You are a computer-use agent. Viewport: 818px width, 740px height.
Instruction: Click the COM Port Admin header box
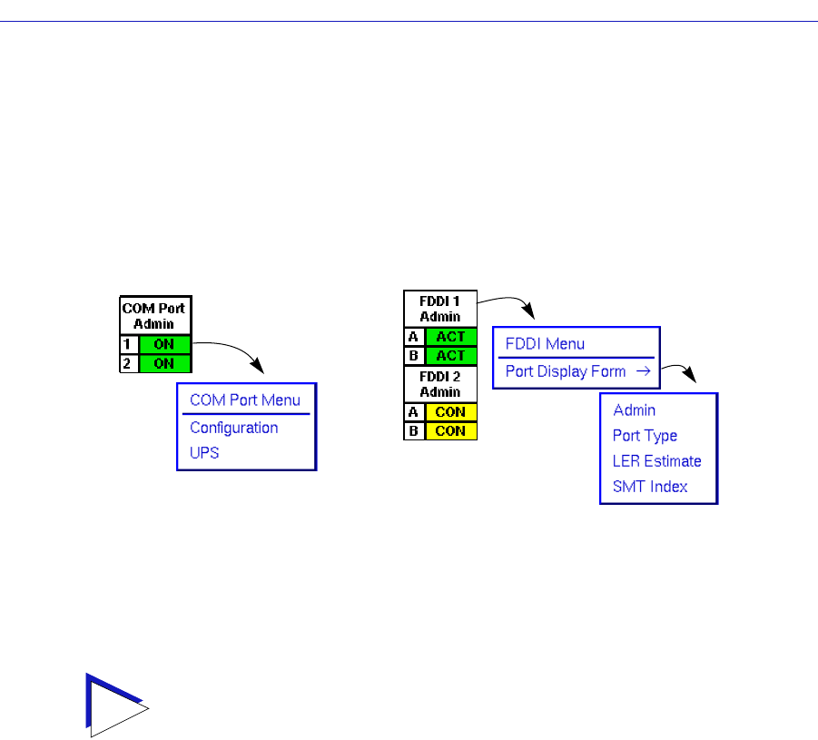(154, 316)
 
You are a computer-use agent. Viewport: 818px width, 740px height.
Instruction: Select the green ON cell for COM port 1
(164, 345)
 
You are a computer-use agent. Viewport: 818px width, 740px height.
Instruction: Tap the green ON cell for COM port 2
(164, 363)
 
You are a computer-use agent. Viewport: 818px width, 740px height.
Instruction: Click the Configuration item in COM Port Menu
(233, 428)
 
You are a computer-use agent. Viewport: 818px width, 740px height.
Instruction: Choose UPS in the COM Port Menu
(204, 452)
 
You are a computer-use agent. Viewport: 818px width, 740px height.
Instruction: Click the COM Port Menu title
(244, 400)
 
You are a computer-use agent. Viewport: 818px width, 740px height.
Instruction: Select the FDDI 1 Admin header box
(439, 309)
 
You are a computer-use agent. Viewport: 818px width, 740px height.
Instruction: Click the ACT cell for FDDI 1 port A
(450, 337)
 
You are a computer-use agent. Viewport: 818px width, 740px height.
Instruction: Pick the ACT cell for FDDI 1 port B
(450, 355)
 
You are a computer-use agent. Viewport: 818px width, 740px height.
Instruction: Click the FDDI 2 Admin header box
(439, 384)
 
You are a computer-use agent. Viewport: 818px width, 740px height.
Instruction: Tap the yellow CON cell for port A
(450, 412)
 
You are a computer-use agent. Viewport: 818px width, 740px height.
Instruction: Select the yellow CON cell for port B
(450, 430)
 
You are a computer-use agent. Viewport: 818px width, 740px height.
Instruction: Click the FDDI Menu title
(545, 344)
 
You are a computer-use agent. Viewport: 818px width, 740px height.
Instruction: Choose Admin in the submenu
(634, 410)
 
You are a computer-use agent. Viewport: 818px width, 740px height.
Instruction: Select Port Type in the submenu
(645, 436)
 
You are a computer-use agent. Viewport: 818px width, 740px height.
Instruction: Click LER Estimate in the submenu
(656, 461)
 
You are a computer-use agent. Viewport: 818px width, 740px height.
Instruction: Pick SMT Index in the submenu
(650, 487)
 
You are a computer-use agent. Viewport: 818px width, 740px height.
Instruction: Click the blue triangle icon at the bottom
(113, 702)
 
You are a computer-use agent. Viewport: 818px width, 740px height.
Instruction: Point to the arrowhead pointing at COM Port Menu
(259, 367)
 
